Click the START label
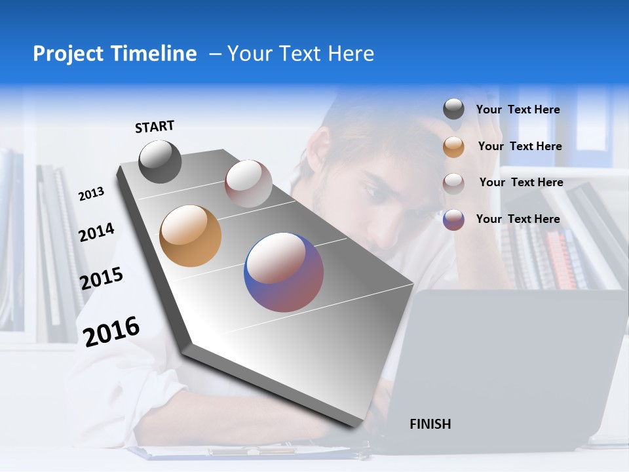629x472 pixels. click(155, 127)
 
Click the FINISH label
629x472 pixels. click(430, 424)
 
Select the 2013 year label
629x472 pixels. click(91, 194)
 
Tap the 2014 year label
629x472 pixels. click(96, 232)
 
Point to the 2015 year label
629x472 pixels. click(102, 279)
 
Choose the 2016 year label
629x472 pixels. click(111, 331)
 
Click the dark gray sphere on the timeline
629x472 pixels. click(160, 161)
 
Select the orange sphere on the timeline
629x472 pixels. click(190, 236)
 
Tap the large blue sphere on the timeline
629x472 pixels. click(284, 272)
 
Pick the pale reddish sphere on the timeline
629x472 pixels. click(248, 183)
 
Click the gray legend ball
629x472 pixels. click(453, 109)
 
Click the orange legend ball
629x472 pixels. click(453, 147)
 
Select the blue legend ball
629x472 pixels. click(453, 220)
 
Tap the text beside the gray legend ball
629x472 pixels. click(518, 109)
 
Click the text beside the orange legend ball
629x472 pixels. click(520, 146)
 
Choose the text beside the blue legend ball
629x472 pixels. click(518, 219)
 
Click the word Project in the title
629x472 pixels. click(68, 54)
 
